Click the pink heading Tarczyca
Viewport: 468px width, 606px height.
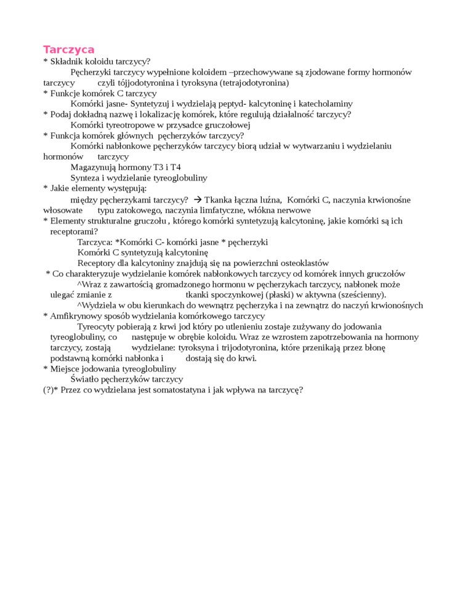(68, 49)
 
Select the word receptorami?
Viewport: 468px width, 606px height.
(73, 231)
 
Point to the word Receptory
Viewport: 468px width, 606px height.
(97, 263)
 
